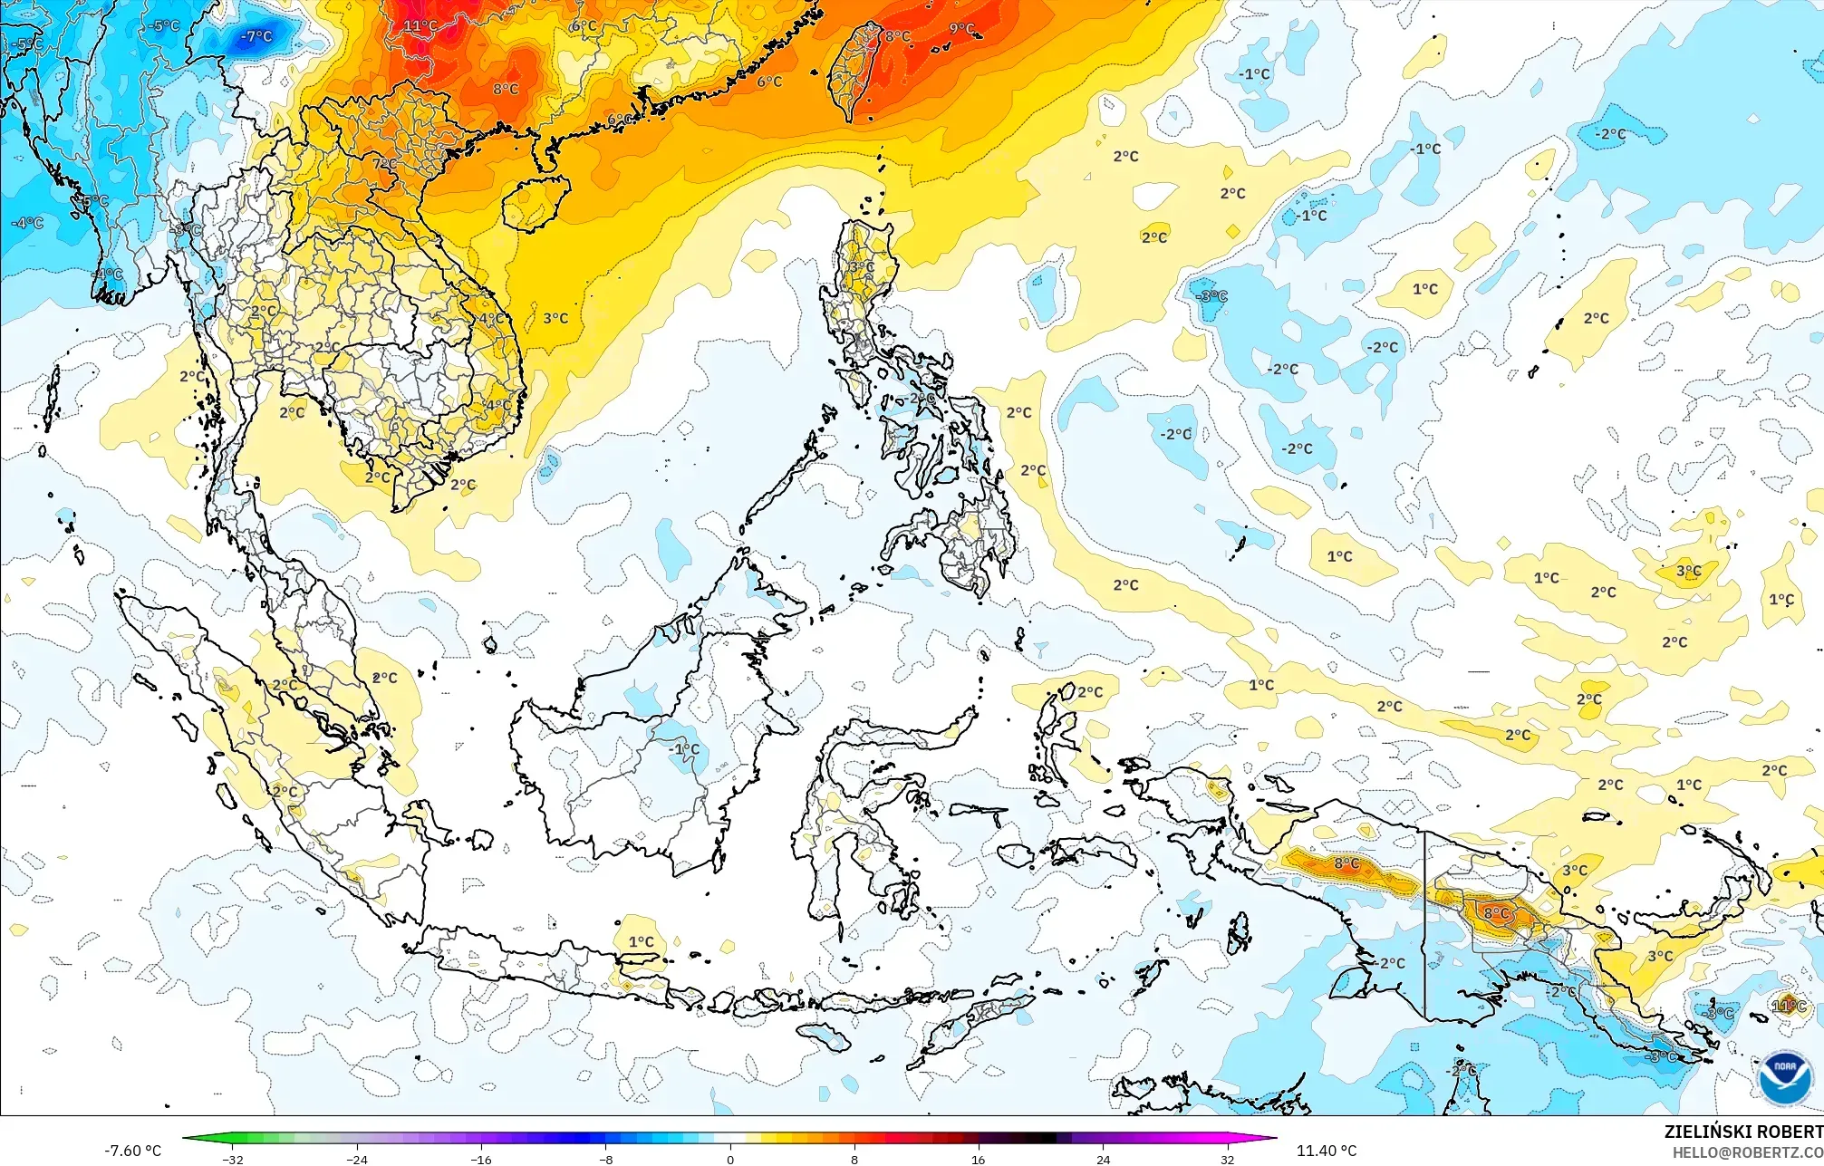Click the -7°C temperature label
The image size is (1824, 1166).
257,36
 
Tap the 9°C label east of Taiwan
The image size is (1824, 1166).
961,29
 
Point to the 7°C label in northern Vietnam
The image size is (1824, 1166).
383,164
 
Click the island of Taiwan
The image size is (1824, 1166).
855,71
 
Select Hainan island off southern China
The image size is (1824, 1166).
535,203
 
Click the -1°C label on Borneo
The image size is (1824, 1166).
685,749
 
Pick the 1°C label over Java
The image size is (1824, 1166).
642,942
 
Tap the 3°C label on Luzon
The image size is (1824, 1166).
862,267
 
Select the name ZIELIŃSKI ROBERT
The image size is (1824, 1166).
1742,1132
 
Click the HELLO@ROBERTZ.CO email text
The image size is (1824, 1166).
1747,1152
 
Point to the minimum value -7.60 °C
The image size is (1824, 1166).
132,1151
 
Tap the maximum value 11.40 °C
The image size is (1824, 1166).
1327,1151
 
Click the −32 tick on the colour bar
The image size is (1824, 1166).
233,1160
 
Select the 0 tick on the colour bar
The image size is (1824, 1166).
730,1160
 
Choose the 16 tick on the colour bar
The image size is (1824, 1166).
979,1160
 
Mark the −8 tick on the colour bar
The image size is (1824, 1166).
606,1160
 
